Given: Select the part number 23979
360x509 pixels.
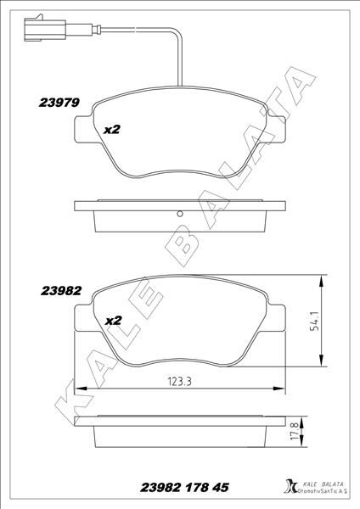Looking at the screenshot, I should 59,103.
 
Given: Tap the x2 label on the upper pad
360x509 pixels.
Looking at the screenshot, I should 112,130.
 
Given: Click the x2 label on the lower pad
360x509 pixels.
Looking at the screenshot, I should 112,321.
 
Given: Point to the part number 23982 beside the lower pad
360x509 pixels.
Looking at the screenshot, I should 60,290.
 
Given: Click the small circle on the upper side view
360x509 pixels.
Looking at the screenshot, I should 180,213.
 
